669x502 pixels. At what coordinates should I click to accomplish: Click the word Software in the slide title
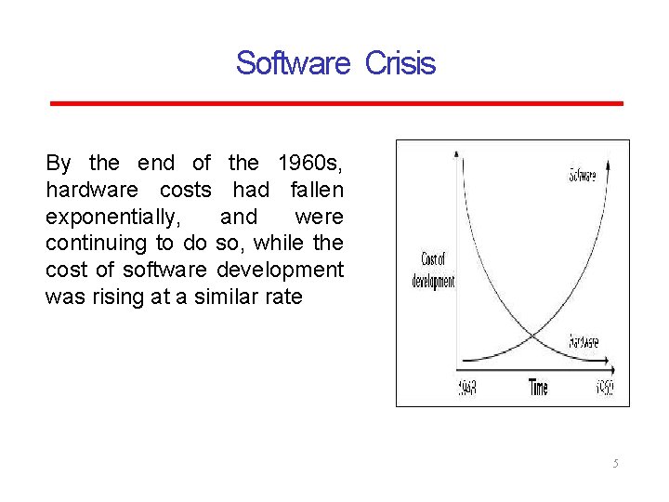point(293,63)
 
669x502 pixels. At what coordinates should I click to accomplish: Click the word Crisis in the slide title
point(400,63)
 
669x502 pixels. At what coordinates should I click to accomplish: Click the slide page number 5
point(615,463)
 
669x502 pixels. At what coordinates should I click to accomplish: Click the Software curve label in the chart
point(582,174)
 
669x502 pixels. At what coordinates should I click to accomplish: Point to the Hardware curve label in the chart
point(584,342)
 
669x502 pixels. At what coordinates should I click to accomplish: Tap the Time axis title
point(538,388)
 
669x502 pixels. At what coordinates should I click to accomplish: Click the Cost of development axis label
point(433,270)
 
